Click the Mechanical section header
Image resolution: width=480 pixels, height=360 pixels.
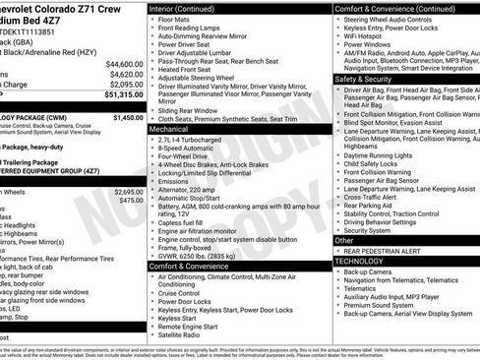[169, 129]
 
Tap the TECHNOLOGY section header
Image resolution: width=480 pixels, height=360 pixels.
[359, 261]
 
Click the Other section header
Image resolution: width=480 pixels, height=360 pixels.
[344, 240]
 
